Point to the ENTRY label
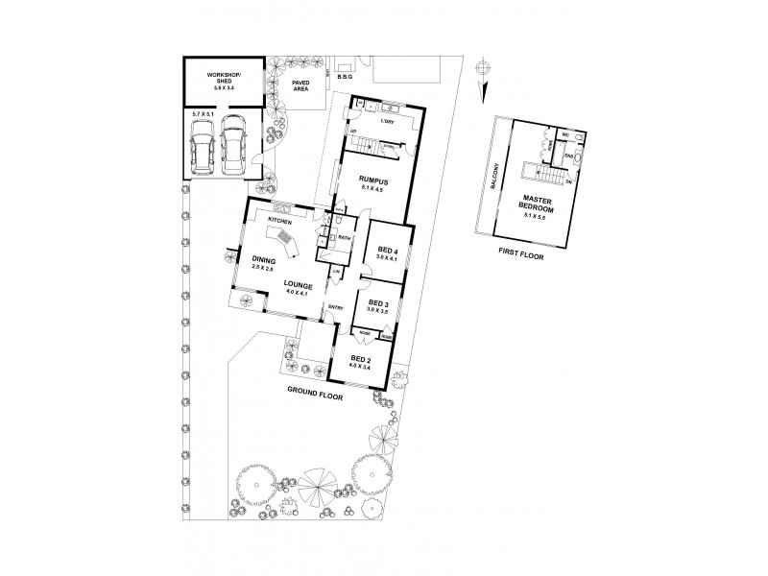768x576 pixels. click(336, 307)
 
